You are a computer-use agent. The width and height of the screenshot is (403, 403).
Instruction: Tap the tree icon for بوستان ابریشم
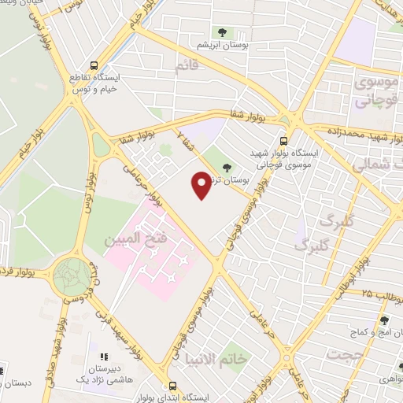pyautogui.click(x=220, y=32)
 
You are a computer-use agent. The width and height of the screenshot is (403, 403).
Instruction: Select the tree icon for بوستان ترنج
pyautogui.click(x=227, y=167)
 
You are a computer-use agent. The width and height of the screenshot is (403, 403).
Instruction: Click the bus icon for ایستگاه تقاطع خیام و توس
pyautogui.click(x=94, y=67)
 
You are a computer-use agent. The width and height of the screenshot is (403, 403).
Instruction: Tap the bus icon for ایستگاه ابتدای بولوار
pyautogui.click(x=172, y=386)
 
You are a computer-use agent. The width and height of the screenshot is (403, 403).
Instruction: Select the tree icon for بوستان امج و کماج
pyautogui.click(x=384, y=320)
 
